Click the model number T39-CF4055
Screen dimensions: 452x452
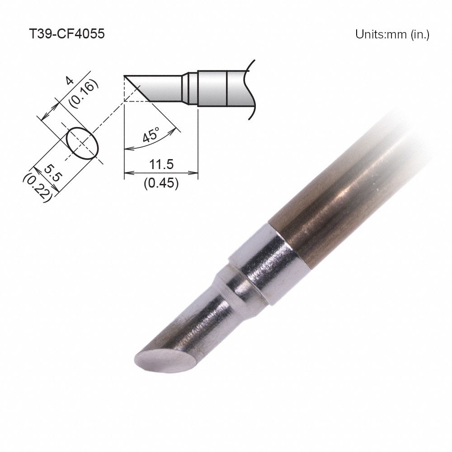(66, 34)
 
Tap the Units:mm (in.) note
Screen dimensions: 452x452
(391, 35)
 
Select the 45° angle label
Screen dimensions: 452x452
(151, 135)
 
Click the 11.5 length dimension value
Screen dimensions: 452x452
(162, 164)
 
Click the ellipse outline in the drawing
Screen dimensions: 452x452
(83, 143)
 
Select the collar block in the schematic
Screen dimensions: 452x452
(212, 88)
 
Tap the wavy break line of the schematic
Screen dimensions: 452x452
(250, 90)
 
